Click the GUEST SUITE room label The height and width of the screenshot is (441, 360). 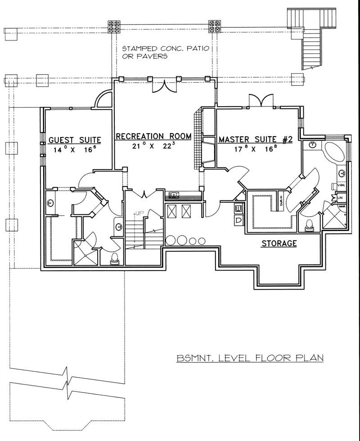(74, 139)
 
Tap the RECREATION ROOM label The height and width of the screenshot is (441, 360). (153, 136)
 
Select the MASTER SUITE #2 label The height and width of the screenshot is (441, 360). (256, 139)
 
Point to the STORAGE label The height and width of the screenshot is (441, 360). (279, 244)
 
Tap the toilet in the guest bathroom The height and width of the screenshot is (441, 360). (115, 258)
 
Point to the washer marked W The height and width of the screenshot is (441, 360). (238, 209)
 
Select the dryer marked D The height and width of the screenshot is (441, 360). (238, 220)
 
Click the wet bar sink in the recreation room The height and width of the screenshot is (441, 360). (174, 195)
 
